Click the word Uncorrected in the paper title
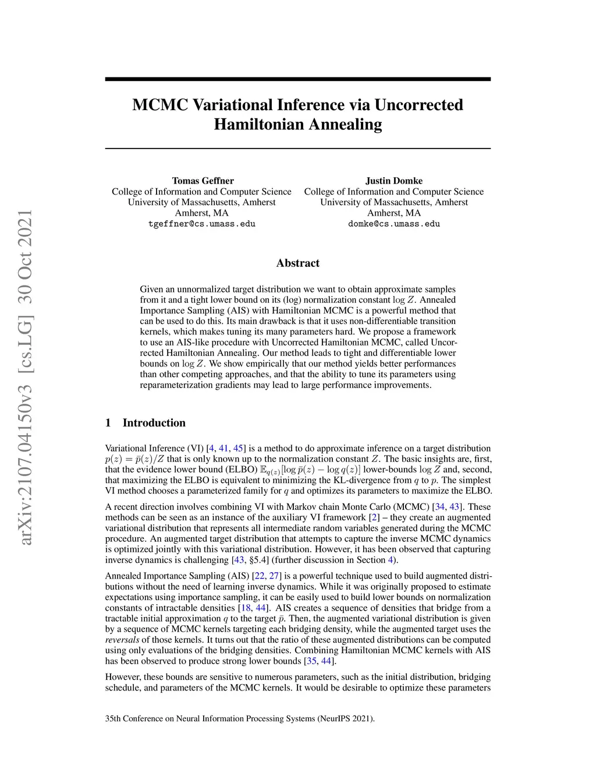tap(418, 105)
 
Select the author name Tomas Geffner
tap(203, 181)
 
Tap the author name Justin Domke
tap(394, 181)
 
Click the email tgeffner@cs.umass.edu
tap(202, 224)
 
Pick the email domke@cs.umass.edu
tap(394, 224)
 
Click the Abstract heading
tap(298, 263)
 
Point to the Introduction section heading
tap(154, 423)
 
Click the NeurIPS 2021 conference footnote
tap(240, 718)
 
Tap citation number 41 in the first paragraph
tap(223, 448)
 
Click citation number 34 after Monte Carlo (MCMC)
tap(440, 507)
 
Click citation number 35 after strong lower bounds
tap(311, 661)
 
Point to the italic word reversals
tap(122, 640)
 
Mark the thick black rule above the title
tap(298, 79)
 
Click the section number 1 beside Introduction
tap(108, 423)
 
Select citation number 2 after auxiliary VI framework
tap(374, 517)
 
